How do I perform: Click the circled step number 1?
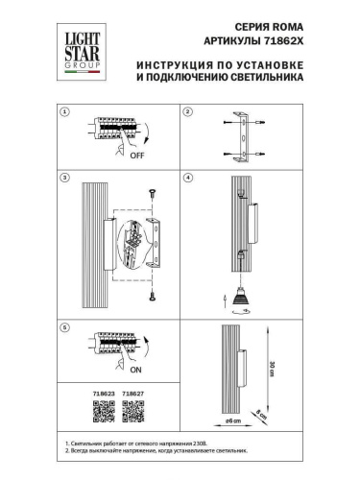click(65, 112)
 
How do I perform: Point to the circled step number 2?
click(188, 112)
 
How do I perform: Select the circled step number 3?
click(65, 179)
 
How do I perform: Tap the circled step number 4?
click(188, 179)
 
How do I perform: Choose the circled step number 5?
click(65, 327)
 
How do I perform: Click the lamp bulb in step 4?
click(240, 295)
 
